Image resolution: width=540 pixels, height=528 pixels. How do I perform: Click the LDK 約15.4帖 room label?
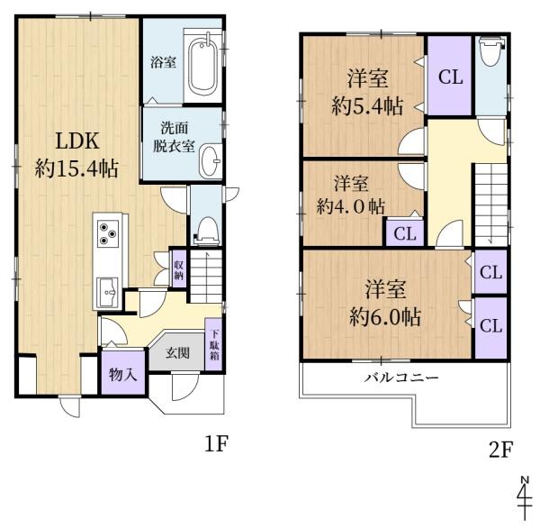click(x=76, y=154)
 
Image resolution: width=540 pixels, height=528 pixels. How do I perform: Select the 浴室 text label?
click(x=162, y=62)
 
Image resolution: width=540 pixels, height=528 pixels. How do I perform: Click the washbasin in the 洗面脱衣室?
click(x=211, y=161)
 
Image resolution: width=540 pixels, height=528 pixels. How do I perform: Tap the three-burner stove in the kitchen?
click(x=110, y=233)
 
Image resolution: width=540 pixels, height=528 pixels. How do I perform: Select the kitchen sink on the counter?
click(x=109, y=290)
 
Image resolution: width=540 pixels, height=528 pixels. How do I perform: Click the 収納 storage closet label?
click(x=179, y=269)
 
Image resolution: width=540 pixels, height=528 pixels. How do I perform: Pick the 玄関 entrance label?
click(x=177, y=352)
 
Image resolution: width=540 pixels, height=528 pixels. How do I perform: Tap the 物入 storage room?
click(x=122, y=373)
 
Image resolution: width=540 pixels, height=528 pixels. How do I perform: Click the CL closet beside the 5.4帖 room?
click(x=450, y=77)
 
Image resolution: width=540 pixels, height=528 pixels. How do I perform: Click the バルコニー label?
click(x=401, y=377)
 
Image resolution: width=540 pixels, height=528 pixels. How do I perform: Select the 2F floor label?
click(x=499, y=446)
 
